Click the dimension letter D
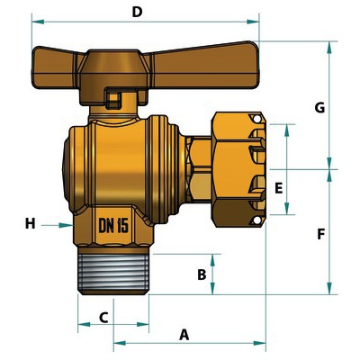point(137,12)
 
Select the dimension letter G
point(319,108)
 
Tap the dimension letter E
point(279,189)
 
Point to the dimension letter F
point(321,234)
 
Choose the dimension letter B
point(202,274)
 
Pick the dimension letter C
point(103,318)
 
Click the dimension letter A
point(184,335)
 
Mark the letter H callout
point(30,223)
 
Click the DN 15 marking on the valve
point(113,225)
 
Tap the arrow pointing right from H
point(57,225)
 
